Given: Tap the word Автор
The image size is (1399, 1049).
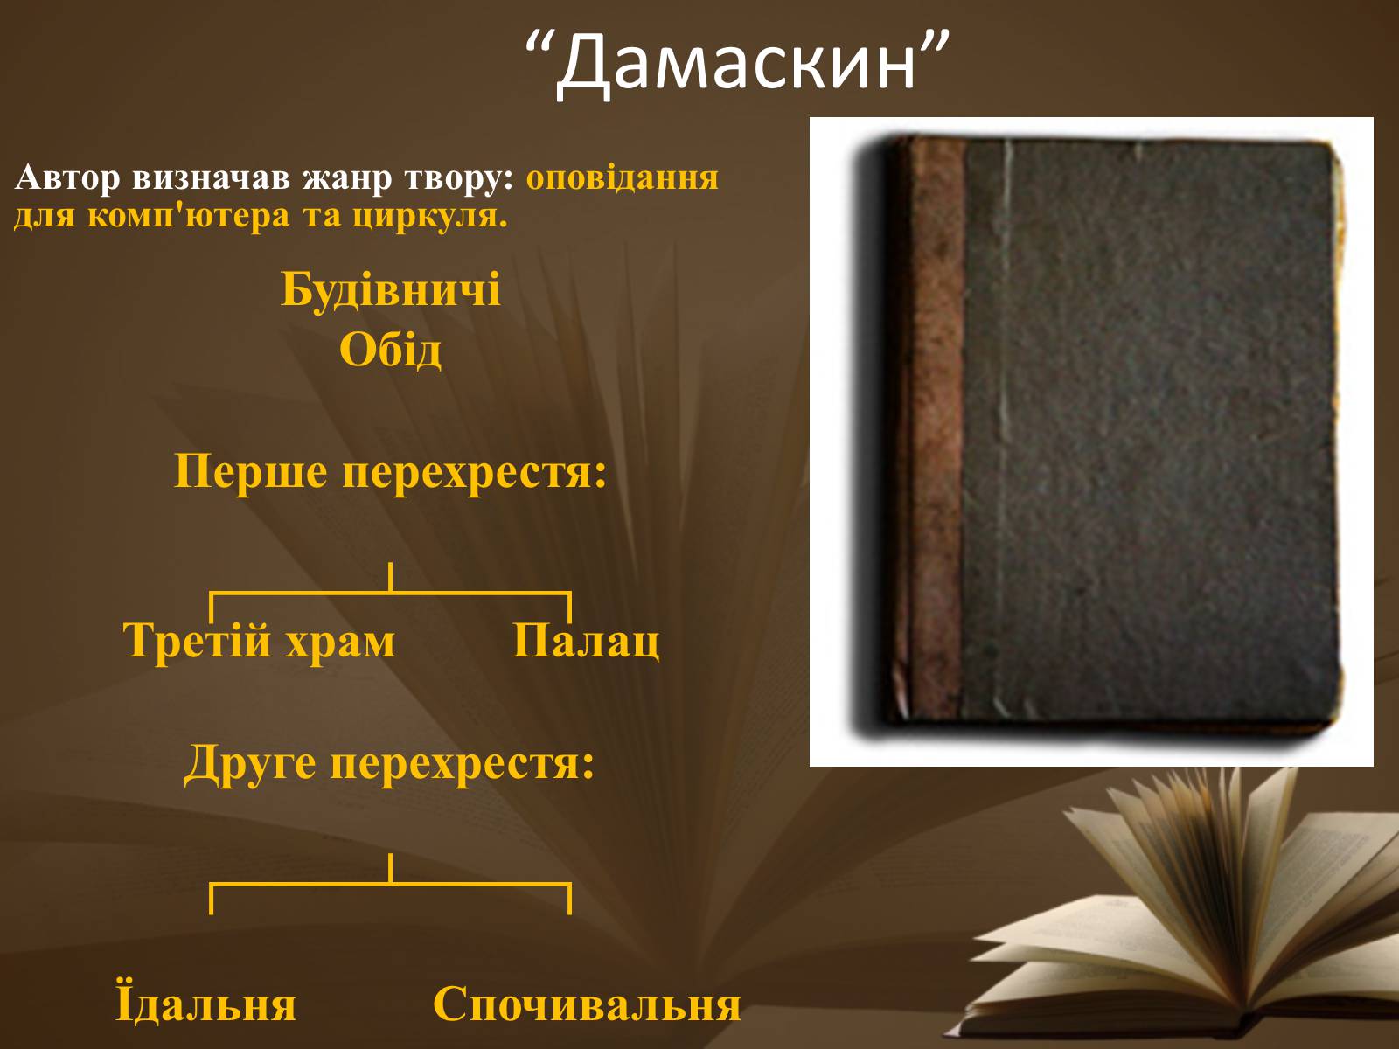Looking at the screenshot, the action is (67, 177).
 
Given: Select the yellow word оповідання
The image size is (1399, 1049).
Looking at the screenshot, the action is (622, 177).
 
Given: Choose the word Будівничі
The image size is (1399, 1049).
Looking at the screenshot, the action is (391, 290).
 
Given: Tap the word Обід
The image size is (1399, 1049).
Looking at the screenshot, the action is (390, 350).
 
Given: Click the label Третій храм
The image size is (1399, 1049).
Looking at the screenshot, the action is (259, 640).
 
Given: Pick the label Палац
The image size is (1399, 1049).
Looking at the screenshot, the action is (586, 640).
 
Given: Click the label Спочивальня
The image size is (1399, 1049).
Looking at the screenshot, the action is (587, 1004).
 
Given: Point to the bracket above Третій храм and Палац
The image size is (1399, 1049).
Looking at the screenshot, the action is (390, 593).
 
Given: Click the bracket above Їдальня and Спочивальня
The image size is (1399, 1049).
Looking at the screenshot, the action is (390, 884).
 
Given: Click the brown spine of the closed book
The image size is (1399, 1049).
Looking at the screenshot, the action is (934, 427).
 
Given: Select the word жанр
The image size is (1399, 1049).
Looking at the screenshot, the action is (347, 179).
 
